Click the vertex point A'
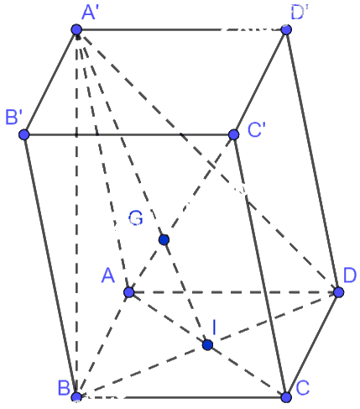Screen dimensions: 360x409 point(76,29)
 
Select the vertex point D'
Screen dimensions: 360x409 point(286,29)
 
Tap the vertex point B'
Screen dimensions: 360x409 point(24,134)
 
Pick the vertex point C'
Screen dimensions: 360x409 point(233,134)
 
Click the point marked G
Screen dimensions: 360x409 point(164,240)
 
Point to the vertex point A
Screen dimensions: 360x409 point(129,292)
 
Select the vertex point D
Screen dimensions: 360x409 point(339,292)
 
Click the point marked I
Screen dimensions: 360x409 point(207,345)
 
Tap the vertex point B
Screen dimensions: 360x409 point(76,397)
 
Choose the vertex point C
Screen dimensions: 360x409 point(286,397)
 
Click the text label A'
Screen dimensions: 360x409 point(89,13)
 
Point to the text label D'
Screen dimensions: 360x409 point(300,13)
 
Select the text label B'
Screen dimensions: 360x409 point(14,117)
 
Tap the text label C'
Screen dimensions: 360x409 point(257,129)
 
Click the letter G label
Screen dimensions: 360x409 point(136,218)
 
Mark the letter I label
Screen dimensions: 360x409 point(214,328)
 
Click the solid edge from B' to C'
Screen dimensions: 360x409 point(128,134)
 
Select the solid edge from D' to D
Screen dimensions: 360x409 point(312,161)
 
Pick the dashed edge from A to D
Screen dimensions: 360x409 point(234,292)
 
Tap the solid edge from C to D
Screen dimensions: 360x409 point(312,344)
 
